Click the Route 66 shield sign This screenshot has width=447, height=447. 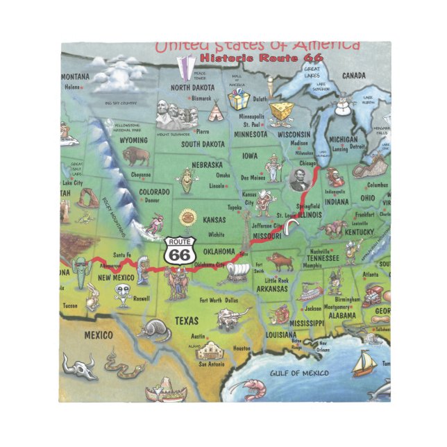click(180, 251)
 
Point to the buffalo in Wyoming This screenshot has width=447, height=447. click(137, 156)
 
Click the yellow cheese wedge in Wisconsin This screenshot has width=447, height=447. click(280, 112)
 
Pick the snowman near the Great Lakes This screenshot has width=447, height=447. click(341, 108)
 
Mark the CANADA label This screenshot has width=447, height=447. click(353, 75)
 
